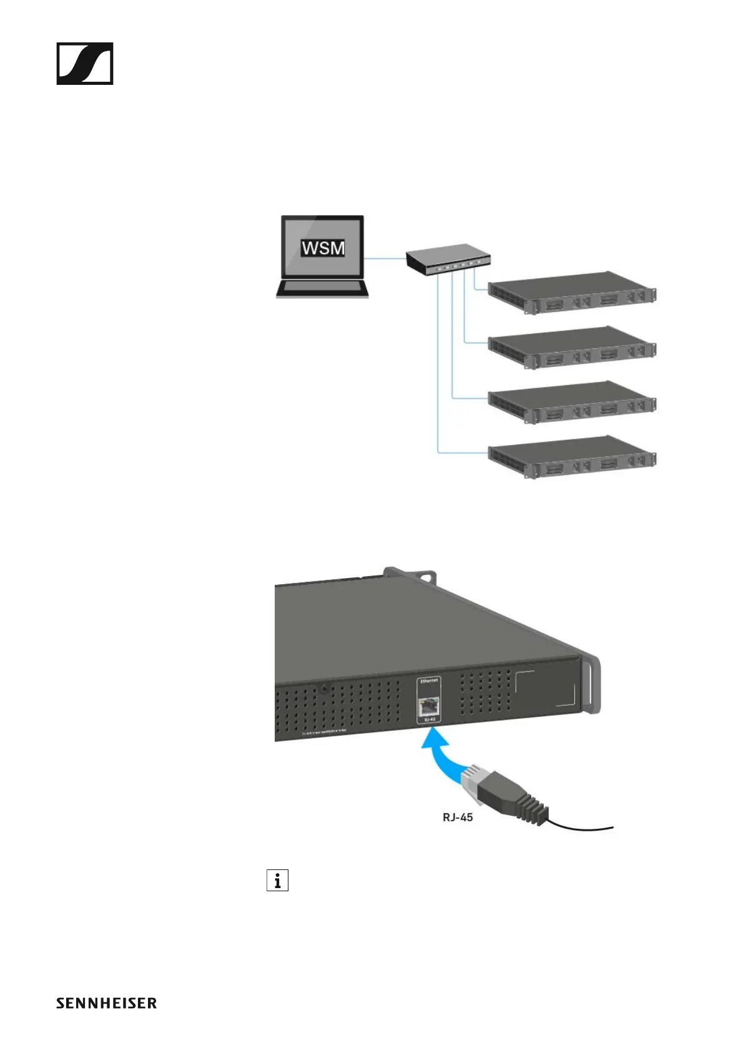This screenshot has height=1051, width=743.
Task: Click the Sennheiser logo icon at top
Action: tap(85, 64)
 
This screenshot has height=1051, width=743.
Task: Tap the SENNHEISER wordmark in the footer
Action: tap(106, 1004)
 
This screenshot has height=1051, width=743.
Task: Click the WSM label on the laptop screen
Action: tap(323, 248)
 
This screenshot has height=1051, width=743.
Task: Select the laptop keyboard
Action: tap(323, 288)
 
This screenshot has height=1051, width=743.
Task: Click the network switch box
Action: tap(448, 259)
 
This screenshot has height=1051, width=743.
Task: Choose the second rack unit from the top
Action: tap(571, 348)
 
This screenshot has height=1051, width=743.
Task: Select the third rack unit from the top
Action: tap(571, 403)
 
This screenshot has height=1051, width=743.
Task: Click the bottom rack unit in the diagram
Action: tap(571, 457)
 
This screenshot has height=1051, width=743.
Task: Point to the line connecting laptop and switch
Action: tap(385, 258)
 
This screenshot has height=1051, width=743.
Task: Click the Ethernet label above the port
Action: tap(430, 680)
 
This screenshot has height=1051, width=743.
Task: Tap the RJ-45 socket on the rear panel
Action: tap(429, 706)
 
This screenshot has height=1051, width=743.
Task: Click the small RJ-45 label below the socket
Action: tap(430, 720)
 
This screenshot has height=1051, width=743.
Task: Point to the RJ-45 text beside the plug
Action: tap(458, 817)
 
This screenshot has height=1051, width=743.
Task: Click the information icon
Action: tap(277, 880)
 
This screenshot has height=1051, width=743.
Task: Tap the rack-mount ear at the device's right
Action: tap(590, 683)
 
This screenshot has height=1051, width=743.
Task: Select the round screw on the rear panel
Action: tap(324, 690)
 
